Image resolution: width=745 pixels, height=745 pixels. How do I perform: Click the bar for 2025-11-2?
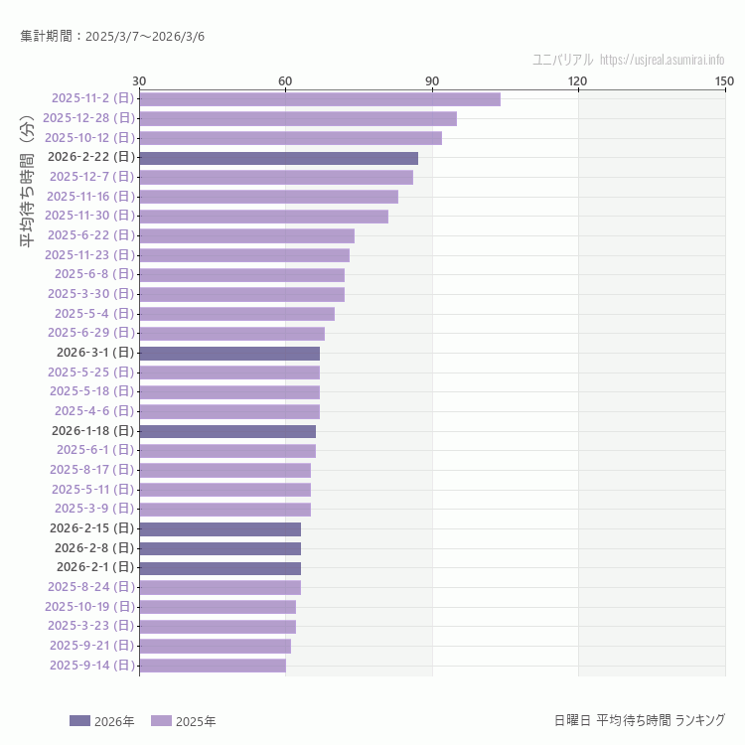(x=320, y=98)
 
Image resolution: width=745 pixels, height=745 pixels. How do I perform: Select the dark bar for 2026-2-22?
(x=278, y=157)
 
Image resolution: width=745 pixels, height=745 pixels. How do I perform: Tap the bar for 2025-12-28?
(x=298, y=118)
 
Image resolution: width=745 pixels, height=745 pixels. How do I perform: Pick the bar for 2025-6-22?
(x=246, y=235)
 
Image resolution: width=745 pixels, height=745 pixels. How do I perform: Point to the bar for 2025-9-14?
(x=213, y=666)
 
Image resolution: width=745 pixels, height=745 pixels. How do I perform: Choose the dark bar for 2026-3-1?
(x=229, y=353)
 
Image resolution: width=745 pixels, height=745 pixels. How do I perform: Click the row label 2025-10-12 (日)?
(x=89, y=137)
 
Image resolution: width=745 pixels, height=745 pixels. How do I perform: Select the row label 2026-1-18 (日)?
(x=92, y=431)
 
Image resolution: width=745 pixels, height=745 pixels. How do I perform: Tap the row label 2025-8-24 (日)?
(x=90, y=587)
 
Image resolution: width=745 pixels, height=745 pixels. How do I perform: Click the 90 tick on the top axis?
(x=432, y=80)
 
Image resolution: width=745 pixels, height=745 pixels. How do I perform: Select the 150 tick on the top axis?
(x=724, y=80)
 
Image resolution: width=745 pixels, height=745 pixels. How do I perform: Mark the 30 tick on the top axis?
(x=139, y=80)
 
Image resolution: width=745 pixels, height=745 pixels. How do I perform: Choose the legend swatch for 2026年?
(x=79, y=721)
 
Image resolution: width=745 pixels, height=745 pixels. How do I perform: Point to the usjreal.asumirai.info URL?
(x=663, y=60)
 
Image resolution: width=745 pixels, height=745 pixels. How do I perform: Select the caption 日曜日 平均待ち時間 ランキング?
(x=639, y=719)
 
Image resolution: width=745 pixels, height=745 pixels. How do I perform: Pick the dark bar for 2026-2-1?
(x=220, y=568)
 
